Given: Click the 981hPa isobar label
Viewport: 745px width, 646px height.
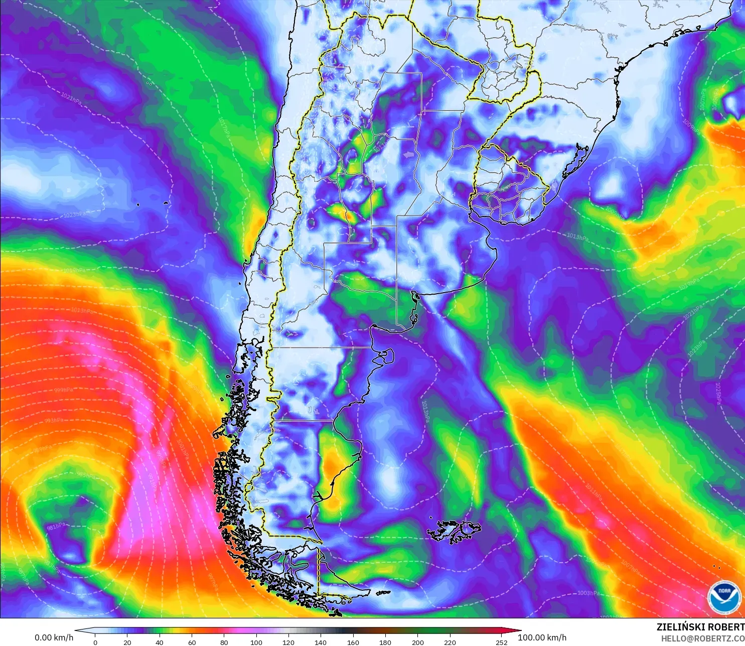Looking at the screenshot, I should [56, 527].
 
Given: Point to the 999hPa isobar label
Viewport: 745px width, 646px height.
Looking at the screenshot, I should [64, 390].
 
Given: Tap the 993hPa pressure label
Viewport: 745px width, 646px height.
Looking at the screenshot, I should [54, 421].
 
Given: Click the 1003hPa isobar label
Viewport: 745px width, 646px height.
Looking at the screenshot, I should [588, 593].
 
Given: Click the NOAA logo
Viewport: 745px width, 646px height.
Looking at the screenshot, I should [724, 597].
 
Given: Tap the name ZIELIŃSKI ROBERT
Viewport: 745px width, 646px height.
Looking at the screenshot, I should [700, 627].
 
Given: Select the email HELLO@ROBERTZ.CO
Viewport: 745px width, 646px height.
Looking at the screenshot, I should [702, 638].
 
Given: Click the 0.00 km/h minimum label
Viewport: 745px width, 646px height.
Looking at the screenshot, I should [54, 637].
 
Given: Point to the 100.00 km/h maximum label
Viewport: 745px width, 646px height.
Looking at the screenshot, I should [542, 637].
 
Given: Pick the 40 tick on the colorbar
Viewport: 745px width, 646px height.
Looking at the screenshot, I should [160, 642].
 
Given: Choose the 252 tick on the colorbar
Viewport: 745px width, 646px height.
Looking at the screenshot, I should [502, 642].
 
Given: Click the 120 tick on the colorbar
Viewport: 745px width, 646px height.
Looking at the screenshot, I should [288, 642].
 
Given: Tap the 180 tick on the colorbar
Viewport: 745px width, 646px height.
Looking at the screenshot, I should [385, 642].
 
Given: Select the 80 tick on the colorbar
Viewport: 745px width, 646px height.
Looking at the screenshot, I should [224, 642].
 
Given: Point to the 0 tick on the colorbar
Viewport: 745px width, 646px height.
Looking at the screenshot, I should [95, 642].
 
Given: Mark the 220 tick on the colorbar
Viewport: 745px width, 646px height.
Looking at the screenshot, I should [450, 642].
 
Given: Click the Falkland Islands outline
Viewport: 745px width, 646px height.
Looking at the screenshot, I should [454, 532].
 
